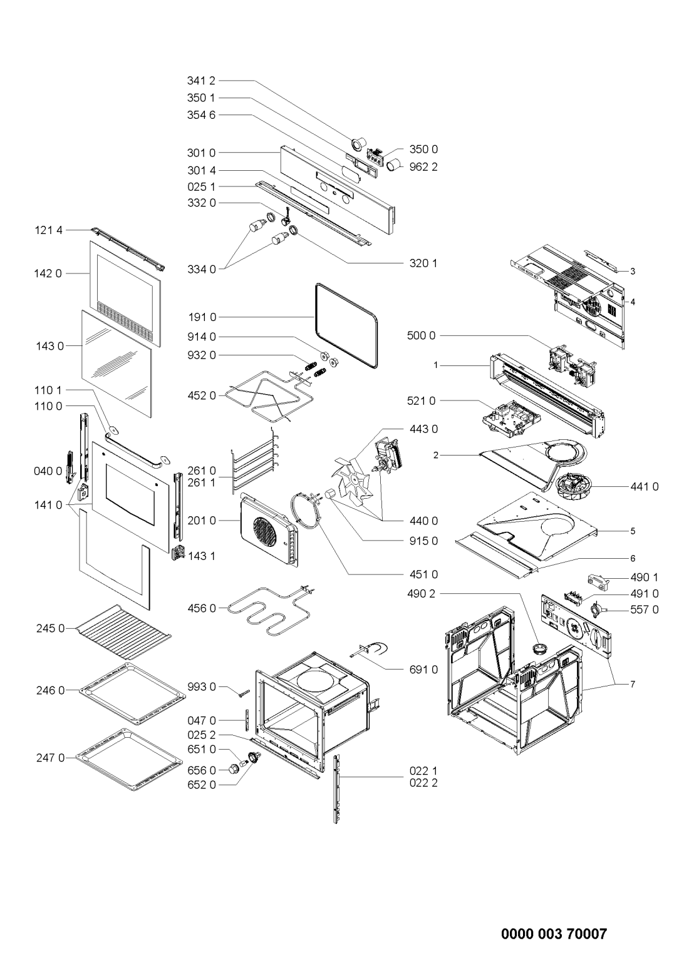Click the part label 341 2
click(201, 81)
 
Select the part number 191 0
click(202, 317)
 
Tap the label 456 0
click(202, 608)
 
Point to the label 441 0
click(645, 487)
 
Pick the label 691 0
click(423, 670)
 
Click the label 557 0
click(645, 609)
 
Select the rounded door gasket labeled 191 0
click(316, 329)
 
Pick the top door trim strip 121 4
click(128, 249)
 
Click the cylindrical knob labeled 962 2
click(394, 165)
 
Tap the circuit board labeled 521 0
click(511, 419)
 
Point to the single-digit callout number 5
click(633, 531)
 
